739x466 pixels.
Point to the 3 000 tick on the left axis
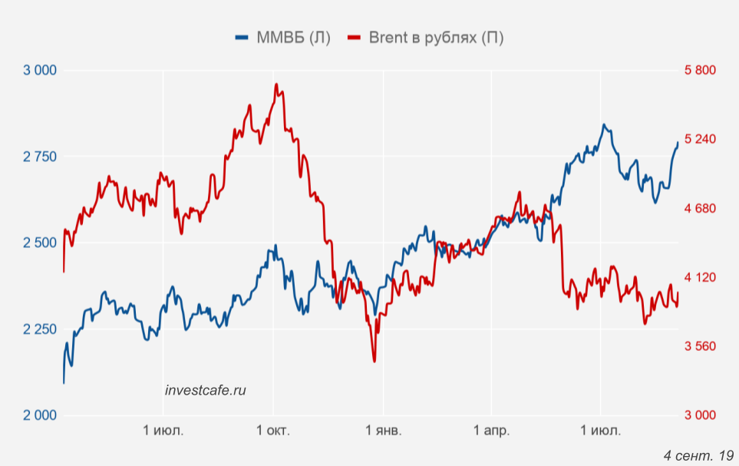[x=41, y=71]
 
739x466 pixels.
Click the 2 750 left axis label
[x=41, y=157]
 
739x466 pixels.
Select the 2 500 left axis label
[x=41, y=243]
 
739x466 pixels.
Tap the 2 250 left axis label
[x=41, y=329]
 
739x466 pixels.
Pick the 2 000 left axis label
[x=41, y=415]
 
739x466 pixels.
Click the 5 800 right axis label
[x=700, y=71]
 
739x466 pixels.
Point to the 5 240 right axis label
[x=700, y=140]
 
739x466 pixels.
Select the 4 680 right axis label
[x=700, y=209]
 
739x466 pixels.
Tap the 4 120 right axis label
[x=700, y=277]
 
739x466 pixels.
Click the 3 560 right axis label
[x=700, y=346]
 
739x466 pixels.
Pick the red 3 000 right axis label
[x=700, y=415]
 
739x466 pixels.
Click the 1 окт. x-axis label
[x=273, y=431]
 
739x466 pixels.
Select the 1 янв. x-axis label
[x=382, y=431]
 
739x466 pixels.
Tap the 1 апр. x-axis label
[x=491, y=431]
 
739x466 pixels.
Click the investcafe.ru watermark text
[x=206, y=390]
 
